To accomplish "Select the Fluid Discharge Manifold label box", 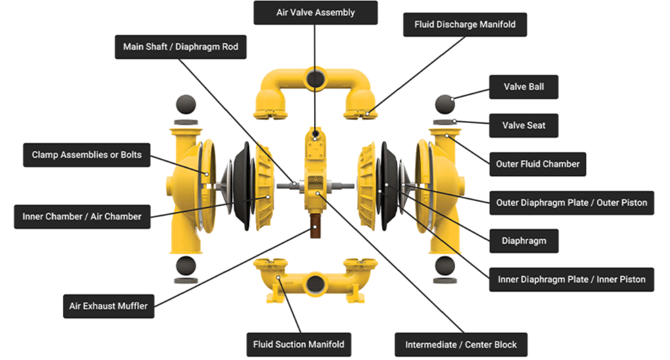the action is [465, 25].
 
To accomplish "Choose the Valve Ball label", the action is [523, 87].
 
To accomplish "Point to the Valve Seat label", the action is [523, 125].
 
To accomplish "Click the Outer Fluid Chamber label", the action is [537, 164].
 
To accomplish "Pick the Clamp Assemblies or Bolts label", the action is [86, 155].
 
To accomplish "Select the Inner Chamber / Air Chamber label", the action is [82, 217].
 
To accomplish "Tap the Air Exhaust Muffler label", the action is [108, 306].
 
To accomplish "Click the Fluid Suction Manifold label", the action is [299, 344].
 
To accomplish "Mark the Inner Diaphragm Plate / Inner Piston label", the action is [571, 279].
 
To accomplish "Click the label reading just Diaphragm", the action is [523, 241].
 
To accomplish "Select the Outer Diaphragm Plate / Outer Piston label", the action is [571, 203].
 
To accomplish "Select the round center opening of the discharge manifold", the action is [315, 77].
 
